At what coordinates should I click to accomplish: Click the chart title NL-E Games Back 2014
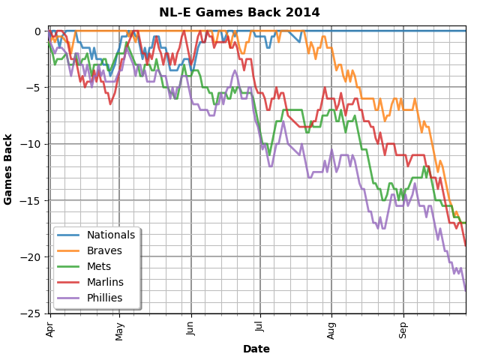[x=239, y=13]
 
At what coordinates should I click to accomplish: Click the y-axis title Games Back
[x=9, y=169]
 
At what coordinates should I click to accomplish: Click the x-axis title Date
[x=256, y=349]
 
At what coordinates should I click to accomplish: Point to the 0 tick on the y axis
[x=37, y=31]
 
